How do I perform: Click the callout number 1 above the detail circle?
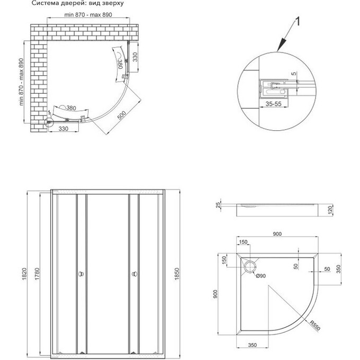pos(299,22)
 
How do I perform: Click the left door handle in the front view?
pos(80,274)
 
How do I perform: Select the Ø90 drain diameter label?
pos(262,276)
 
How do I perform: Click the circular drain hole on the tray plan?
pos(250,264)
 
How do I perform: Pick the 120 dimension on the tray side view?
pos(329,210)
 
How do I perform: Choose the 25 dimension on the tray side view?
pos(218,205)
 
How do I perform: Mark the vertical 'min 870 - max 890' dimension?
pos(23,82)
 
